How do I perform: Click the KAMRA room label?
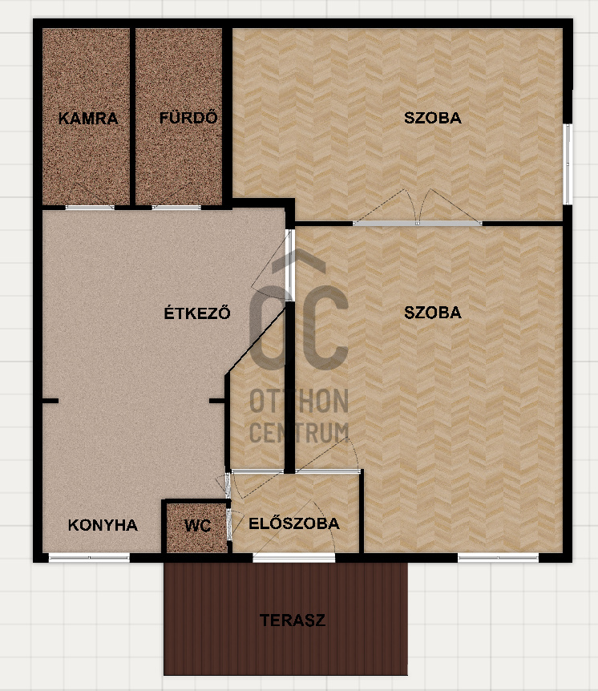88,118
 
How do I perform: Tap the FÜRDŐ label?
188,117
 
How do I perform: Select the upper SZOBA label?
432,118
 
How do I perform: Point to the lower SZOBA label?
432,313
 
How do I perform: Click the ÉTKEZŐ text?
197,313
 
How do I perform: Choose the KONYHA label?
103,525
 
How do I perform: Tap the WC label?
197,526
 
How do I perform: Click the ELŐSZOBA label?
294,523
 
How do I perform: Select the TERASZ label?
293,620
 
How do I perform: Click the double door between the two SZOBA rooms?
418,224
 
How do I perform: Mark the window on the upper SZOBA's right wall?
568,164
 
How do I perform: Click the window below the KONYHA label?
89,557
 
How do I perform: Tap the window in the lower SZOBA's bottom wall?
498,557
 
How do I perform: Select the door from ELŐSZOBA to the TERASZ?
294,557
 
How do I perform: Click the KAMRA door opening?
90,207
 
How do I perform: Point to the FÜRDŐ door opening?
176,207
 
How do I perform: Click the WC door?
229,523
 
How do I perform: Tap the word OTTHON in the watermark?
299,401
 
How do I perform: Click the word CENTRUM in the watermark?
299,432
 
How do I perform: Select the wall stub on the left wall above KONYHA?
51,401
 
